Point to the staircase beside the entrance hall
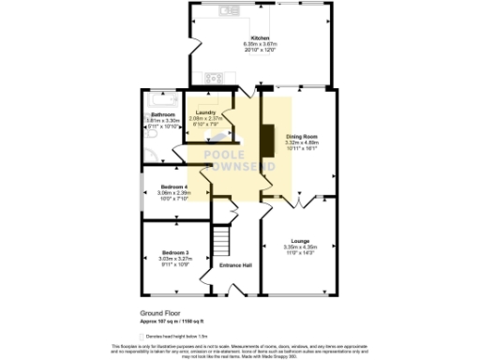pos(222,242)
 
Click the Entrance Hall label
pos(235,265)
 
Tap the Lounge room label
pos(301,241)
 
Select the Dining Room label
pos(301,136)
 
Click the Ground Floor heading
pos(159,314)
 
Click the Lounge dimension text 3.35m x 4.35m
pos(301,247)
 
